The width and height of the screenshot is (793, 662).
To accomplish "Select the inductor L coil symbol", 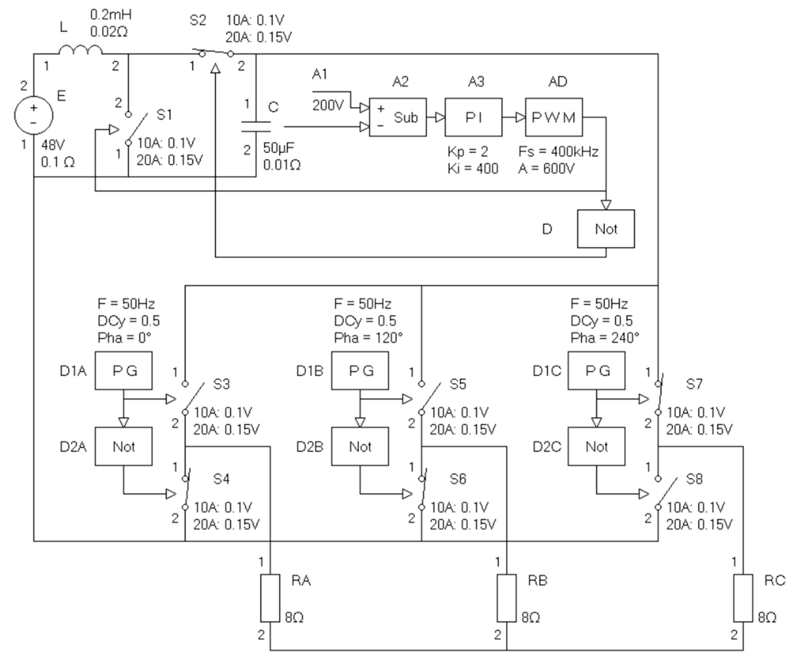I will [x=80, y=50].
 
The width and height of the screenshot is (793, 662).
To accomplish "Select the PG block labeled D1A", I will [x=123, y=370].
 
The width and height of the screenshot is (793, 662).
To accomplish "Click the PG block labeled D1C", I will [x=596, y=370].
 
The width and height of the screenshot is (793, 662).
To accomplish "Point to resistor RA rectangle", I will [x=270, y=598].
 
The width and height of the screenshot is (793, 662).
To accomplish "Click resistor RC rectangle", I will [x=743, y=598].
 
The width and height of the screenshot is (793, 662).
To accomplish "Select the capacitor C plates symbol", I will [x=256, y=127].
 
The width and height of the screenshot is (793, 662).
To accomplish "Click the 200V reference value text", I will [x=328, y=105].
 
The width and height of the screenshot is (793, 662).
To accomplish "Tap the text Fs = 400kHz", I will [x=558, y=152].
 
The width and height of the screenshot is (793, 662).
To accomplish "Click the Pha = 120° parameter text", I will [x=368, y=337].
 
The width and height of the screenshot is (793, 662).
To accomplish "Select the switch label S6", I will [x=458, y=479].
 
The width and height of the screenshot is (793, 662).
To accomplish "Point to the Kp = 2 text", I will [x=468, y=152].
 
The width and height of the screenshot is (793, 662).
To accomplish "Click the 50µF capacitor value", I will [x=278, y=148].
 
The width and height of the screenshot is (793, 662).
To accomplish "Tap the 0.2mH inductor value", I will [x=111, y=15].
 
